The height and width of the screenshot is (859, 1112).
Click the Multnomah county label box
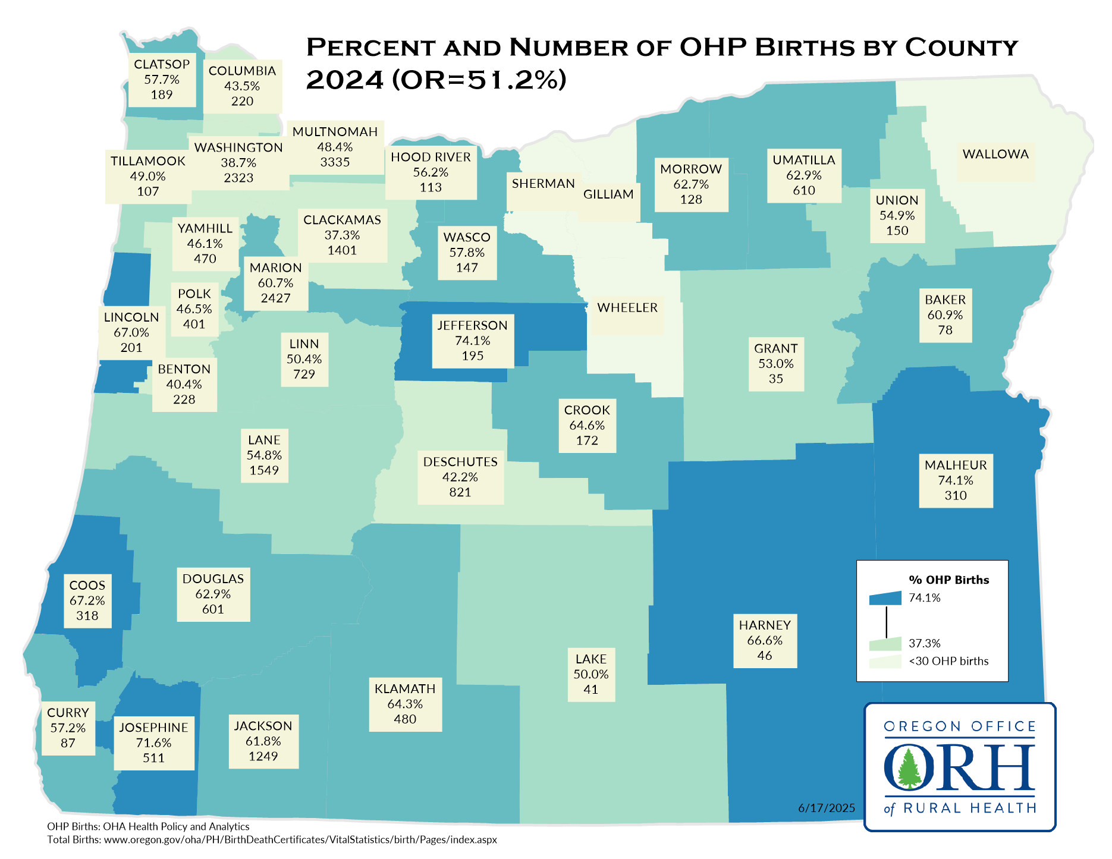[335, 147]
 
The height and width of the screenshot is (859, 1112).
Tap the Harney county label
[765, 625]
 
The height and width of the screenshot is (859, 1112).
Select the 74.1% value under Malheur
[956, 480]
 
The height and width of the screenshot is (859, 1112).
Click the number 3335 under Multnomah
[335, 162]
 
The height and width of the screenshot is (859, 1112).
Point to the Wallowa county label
[995, 155]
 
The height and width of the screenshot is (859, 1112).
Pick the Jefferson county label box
[473, 341]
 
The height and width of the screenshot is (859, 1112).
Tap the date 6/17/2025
[827, 808]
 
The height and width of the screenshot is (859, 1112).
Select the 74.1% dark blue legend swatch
[885, 598]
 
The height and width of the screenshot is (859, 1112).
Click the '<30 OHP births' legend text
[948, 661]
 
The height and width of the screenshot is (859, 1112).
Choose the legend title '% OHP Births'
[948, 580]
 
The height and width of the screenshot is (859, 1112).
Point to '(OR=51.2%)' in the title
[479, 80]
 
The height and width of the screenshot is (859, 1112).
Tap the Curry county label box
[68, 728]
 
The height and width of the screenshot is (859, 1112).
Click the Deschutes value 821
[460, 492]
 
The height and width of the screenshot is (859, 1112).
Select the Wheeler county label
[627, 308]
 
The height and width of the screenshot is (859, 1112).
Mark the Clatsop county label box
[162, 80]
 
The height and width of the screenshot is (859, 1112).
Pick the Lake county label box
[591, 674]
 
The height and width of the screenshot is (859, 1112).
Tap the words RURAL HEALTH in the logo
[970, 808]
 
